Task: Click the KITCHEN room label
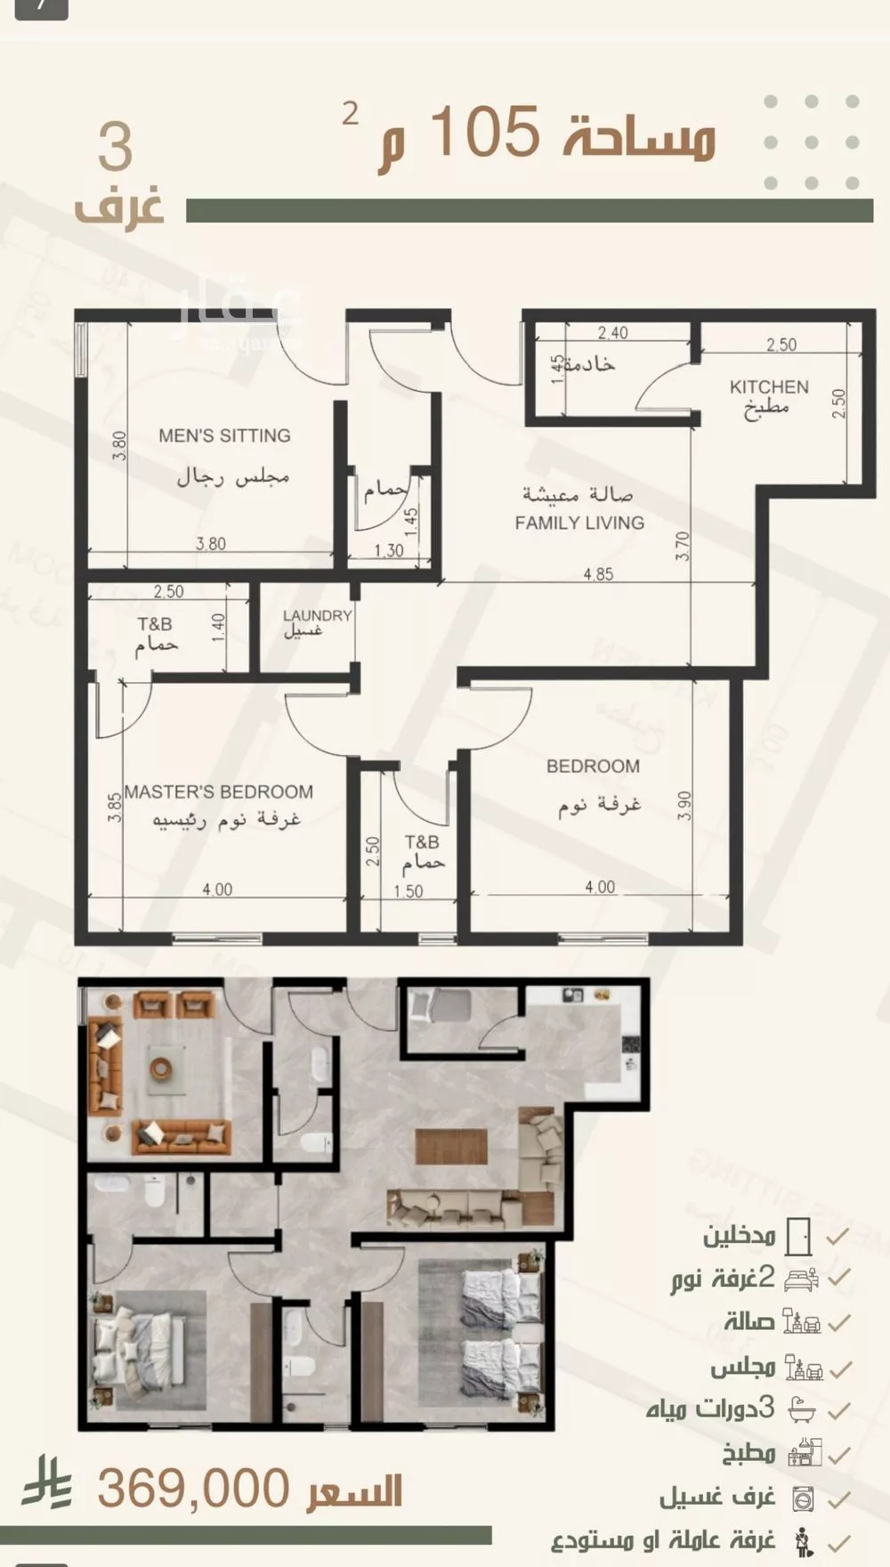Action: (x=769, y=387)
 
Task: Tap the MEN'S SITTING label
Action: (x=224, y=435)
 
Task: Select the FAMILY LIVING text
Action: (x=579, y=523)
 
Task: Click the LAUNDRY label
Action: (x=317, y=615)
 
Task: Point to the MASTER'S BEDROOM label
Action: (x=219, y=792)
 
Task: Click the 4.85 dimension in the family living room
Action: (x=598, y=574)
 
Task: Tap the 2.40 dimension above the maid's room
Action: (x=612, y=333)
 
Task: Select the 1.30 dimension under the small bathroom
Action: (x=389, y=550)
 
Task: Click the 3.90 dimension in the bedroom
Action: (x=684, y=807)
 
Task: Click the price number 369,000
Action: (x=193, y=1489)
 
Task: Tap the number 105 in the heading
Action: (x=486, y=132)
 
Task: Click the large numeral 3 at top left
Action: (x=116, y=148)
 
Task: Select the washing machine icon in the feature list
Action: (x=803, y=1498)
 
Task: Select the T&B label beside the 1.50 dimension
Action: (x=422, y=841)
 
